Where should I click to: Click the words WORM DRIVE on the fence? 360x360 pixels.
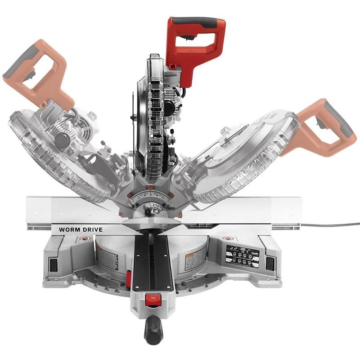pyautogui.click(x=81, y=229)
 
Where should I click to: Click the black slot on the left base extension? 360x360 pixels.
pyautogui.click(x=54, y=265)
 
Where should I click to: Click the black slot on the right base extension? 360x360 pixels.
pyautogui.click(x=270, y=264)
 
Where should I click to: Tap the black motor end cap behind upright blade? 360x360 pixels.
pyautogui.click(x=170, y=107)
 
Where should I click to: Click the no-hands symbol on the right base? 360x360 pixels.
pyautogui.click(x=226, y=239)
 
